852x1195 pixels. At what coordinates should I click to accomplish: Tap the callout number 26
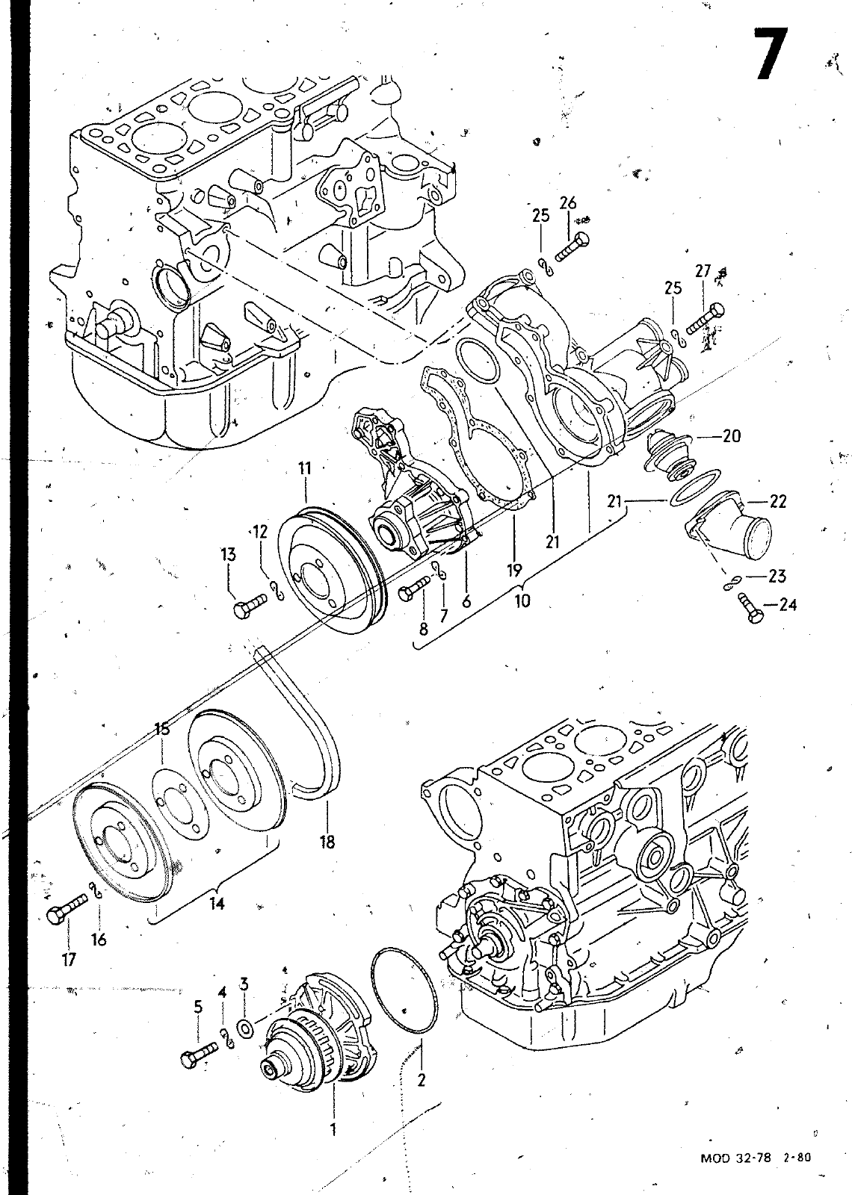(568, 202)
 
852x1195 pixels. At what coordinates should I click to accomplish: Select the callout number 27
(703, 271)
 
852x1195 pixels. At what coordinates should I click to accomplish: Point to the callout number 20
(731, 435)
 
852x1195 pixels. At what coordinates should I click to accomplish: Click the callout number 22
(777, 501)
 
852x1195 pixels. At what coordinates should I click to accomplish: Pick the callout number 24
(787, 604)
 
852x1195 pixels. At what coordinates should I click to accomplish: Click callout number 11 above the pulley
(304, 468)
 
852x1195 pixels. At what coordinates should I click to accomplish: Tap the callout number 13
(228, 554)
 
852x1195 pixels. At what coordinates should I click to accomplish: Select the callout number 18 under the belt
(327, 842)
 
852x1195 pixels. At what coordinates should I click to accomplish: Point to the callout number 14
(216, 903)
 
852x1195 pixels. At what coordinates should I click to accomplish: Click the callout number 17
(69, 959)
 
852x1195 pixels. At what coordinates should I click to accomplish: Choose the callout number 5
(198, 1007)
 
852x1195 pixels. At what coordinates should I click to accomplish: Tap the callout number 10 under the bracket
(522, 600)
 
